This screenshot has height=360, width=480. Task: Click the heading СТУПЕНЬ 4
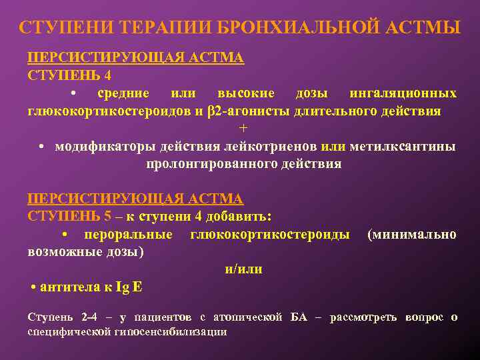tap(69, 75)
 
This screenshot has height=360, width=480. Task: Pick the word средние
tap(123, 93)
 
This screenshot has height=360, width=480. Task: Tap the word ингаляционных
tap(403, 93)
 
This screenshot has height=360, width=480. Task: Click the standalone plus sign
tap(243, 128)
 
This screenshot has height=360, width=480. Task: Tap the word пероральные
tap(128, 234)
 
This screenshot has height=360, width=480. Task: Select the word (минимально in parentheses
tap(412, 234)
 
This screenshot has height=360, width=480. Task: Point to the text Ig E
tap(129, 287)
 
